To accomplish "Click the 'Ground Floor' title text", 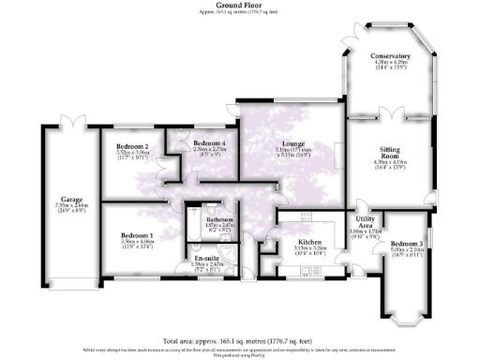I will click(240, 5).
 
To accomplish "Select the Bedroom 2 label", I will click(133, 146).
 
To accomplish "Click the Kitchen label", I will click(309, 241).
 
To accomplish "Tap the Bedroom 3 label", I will click(401, 243).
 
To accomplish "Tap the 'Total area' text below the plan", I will click(240, 340).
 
